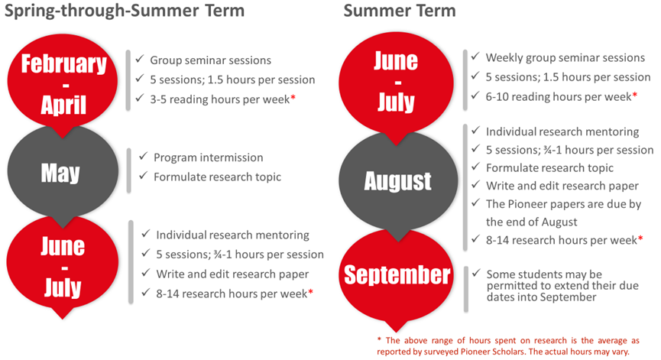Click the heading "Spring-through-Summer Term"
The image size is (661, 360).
[x=125, y=11]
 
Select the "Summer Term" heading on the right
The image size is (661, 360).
[x=400, y=10]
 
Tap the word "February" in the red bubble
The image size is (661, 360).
[x=64, y=64]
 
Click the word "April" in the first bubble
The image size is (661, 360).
[x=63, y=105]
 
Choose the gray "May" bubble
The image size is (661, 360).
[x=63, y=171]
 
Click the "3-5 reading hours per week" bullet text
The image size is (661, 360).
[x=219, y=99]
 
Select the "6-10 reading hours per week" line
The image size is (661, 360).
[x=558, y=97]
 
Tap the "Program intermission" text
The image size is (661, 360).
[x=209, y=157]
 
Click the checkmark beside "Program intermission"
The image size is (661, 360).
[x=144, y=157]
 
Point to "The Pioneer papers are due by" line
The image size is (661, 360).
[x=564, y=204]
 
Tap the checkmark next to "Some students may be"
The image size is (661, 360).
[x=476, y=273]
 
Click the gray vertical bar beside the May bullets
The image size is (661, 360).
[x=129, y=170]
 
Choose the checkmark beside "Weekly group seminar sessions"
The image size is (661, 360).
[x=475, y=56]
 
